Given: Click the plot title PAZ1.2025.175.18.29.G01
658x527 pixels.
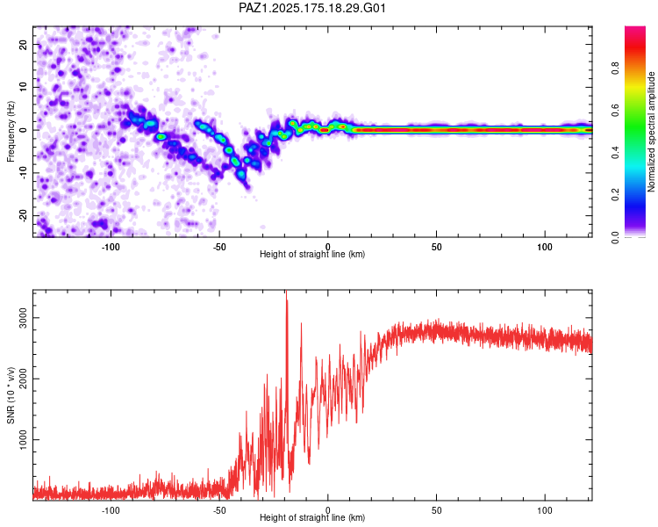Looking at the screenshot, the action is coord(311,8).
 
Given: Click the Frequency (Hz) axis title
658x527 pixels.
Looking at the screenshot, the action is coord(11,132).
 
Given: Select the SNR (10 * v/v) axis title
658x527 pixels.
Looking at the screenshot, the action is coord(11,395).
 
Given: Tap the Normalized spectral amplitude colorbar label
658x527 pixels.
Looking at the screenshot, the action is coord(651,132).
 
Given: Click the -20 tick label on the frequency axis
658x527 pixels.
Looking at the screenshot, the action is coord(23,216).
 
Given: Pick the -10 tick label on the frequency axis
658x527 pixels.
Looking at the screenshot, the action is coord(23,173).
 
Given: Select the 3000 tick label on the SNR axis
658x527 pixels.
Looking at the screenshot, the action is coord(23,318).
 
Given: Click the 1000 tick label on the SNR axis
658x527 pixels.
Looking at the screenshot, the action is coord(23,439).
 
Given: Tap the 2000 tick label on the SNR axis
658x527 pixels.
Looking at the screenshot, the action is coord(23,379).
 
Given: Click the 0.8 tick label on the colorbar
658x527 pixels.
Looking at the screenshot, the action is coord(615,69).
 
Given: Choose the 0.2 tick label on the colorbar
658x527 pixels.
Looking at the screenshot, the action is coord(615,195).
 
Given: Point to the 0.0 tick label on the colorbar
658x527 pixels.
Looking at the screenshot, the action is coord(615,237).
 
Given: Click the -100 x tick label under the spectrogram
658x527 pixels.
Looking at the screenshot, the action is coord(111,247).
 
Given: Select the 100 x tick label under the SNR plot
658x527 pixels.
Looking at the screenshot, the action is coord(545,510).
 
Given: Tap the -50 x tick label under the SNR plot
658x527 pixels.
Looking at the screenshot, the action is coord(219,510).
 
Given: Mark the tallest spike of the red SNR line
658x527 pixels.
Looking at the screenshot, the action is coord(286,291).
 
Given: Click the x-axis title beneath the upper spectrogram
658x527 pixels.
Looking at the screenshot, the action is coord(312,254).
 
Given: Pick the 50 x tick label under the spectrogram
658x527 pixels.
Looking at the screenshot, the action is coord(436,247).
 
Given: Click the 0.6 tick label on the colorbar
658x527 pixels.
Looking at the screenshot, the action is coord(615,111).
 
